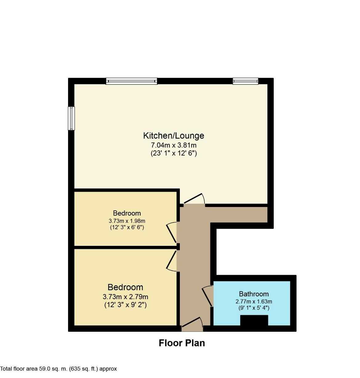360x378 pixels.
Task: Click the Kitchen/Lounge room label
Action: pos(174,136)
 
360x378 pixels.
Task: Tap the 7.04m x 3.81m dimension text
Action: pos(174,144)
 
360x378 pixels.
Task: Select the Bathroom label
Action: pos(254,294)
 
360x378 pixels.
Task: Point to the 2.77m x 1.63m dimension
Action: pos(254,301)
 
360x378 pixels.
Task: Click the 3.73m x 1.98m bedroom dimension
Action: pos(127,221)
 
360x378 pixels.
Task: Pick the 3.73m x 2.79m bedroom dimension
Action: pos(125,297)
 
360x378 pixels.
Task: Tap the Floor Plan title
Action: pos(182,343)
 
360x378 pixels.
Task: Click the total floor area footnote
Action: pos(59,369)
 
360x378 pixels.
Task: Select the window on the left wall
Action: pos(71,118)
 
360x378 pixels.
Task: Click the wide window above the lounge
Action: pos(132,81)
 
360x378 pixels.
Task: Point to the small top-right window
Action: pos(245,81)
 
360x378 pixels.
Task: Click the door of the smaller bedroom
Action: pos(172,233)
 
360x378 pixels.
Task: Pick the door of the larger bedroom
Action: pos(172,261)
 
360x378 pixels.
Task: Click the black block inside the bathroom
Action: pos(254,320)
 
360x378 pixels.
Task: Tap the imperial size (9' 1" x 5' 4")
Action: pos(254,308)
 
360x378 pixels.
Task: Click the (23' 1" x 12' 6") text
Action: pos(174,153)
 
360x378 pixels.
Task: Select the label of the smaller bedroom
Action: pos(127,213)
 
